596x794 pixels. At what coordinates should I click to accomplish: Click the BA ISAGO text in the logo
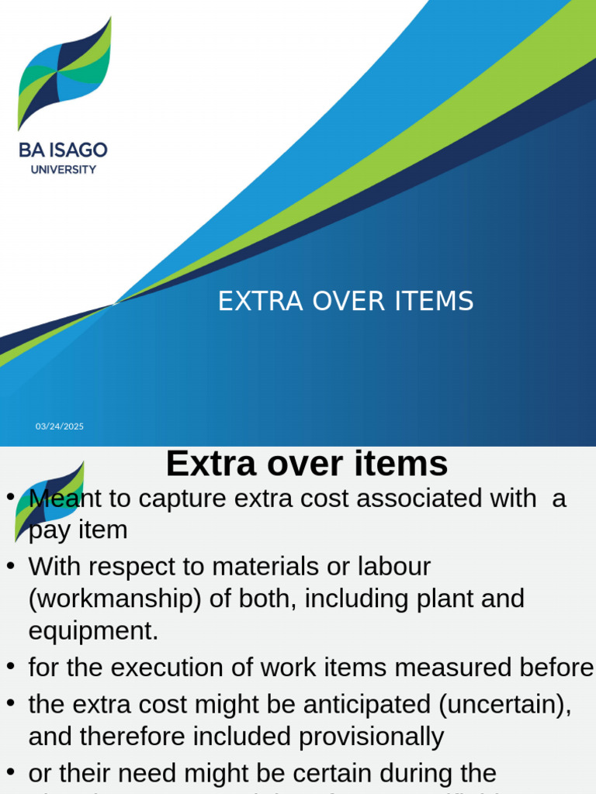pos(64,149)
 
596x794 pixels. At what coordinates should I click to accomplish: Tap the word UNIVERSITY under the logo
pos(64,169)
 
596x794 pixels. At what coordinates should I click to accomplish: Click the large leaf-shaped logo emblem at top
pos(64,74)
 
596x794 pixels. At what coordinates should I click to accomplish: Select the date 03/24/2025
pos(60,426)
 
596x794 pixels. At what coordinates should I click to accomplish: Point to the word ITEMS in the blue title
pos(435,302)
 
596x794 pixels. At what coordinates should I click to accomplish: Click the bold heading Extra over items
pos(307,464)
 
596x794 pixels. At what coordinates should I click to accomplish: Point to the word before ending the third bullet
pos(557,668)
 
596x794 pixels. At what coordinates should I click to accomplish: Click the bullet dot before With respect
pos(11,567)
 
